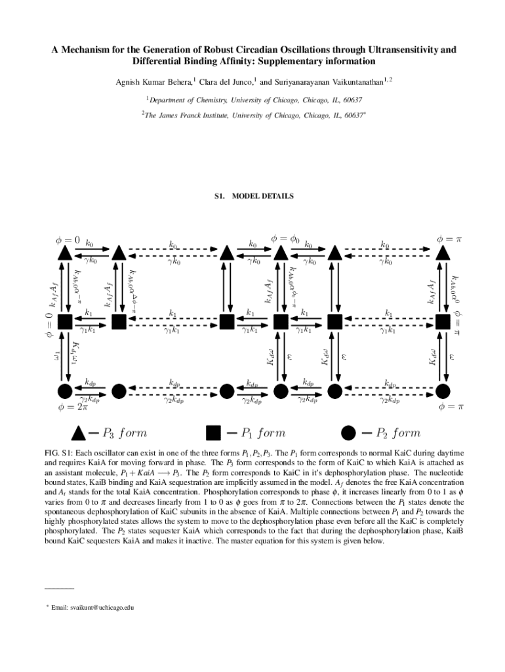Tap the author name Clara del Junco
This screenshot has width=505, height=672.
(x=225, y=82)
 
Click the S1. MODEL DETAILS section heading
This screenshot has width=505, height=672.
(x=254, y=196)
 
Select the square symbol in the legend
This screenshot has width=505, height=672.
(x=213, y=432)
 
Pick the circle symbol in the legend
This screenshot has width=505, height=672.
(x=348, y=432)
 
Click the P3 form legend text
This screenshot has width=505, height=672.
(x=124, y=433)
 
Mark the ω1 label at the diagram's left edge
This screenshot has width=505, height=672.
(x=56, y=357)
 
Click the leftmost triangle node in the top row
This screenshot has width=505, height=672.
(x=65, y=253)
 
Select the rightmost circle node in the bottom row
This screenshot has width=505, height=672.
(x=443, y=391)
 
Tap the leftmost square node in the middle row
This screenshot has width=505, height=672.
(x=65, y=322)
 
